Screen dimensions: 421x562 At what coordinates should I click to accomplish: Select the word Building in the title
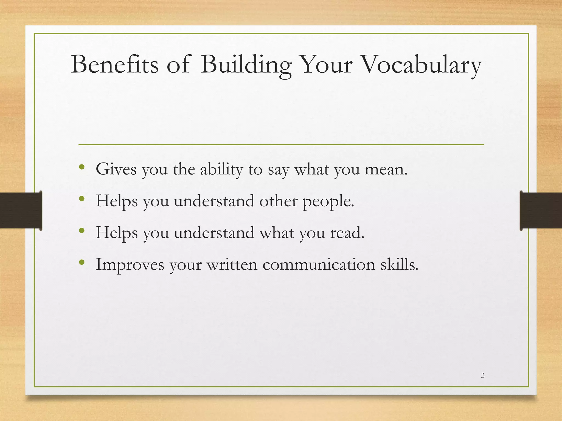[x=246, y=65]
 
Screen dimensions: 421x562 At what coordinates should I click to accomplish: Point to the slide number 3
[x=483, y=376]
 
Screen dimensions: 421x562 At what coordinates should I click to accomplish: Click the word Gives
[x=116, y=169]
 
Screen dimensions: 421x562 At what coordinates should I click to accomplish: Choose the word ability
[x=221, y=170]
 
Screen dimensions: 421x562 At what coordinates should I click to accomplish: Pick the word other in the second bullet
[x=279, y=201]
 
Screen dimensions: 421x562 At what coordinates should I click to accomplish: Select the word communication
[x=319, y=264]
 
